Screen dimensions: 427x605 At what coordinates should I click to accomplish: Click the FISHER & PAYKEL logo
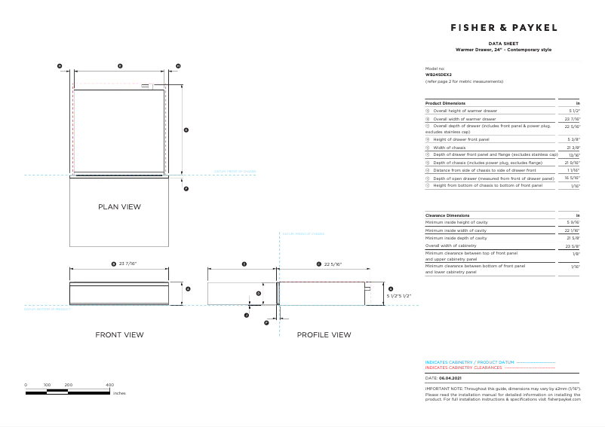coord(504,27)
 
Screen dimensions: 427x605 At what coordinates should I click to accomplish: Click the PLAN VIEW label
coord(119,206)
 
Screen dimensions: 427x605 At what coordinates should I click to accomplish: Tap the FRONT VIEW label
coord(119,334)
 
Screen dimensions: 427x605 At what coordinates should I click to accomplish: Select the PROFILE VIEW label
coord(324,334)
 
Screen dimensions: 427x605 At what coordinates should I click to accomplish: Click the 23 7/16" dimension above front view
coord(124,264)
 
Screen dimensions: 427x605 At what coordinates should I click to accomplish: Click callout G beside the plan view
coord(186,130)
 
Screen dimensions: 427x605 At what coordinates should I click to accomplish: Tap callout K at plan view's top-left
coord(60,66)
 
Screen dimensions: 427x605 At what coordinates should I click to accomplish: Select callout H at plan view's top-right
coord(178,66)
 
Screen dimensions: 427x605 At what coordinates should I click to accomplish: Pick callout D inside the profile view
coord(258,294)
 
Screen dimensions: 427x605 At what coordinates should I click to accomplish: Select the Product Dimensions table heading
coord(446,103)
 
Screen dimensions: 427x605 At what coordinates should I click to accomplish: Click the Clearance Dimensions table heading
coord(447,215)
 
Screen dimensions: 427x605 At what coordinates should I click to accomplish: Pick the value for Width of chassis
coord(573,148)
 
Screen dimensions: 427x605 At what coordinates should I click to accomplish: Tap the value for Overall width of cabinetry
coord(573,246)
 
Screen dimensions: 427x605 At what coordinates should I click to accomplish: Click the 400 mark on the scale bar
coord(109,385)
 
